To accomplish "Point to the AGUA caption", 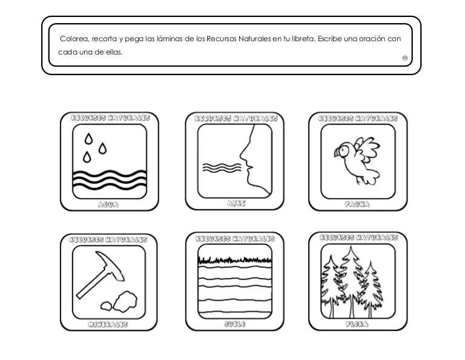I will (x=108, y=205).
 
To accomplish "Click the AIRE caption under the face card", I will (x=236, y=204).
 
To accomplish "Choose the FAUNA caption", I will (x=358, y=205).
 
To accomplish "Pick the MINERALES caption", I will (x=109, y=325).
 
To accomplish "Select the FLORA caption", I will (x=358, y=324).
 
